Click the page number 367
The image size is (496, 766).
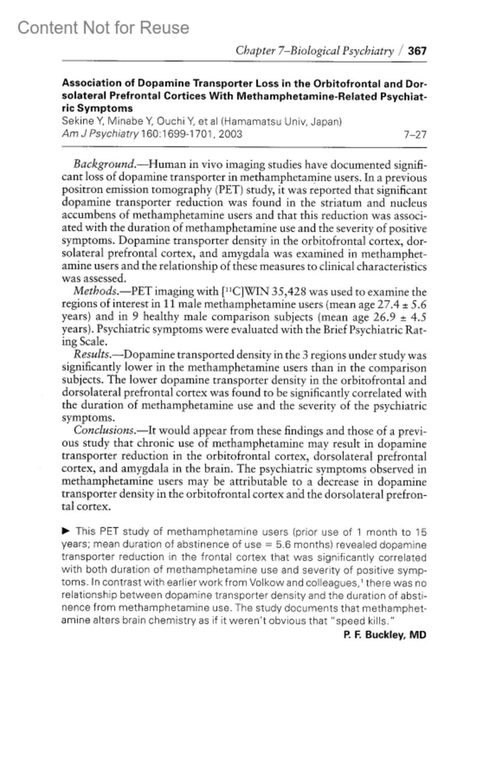click(x=417, y=51)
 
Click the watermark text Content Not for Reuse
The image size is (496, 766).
click(x=103, y=28)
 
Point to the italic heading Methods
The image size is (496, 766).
click(x=95, y=291)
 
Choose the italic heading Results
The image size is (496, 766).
click(x=92, y=355)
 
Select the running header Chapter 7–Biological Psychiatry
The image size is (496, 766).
click(x=314, y=51)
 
